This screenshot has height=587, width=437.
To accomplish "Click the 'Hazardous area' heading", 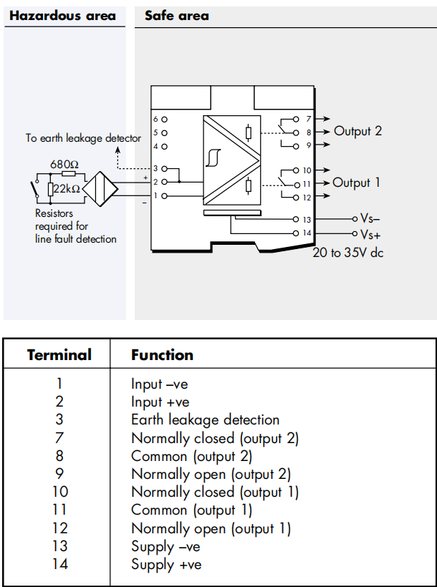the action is click(62, 16).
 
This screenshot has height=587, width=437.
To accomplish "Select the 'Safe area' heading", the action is click(176, 16).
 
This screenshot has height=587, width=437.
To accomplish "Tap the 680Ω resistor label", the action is click(64, 165).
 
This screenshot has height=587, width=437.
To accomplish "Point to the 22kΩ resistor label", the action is click(67, 189).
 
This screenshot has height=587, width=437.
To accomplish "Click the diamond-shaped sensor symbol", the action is click(100, 189).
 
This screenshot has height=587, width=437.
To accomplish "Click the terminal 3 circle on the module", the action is click(164, 169).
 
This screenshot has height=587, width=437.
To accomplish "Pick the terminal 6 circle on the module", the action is click(164, 120).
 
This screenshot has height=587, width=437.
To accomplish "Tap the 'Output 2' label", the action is click(357, 131).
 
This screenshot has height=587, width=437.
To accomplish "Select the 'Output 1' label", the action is click(356, 183).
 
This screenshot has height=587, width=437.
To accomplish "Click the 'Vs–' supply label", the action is click(370, 218).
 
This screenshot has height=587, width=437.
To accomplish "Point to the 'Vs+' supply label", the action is click(370, 235).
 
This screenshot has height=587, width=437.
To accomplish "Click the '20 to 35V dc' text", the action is click(347, 253).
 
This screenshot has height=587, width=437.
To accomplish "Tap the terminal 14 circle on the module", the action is click(296, 233).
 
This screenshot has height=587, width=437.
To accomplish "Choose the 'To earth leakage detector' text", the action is click(83, 138).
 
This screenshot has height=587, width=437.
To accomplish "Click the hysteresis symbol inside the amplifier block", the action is click(213, 157).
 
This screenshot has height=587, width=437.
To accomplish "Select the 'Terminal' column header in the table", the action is click(59, 355).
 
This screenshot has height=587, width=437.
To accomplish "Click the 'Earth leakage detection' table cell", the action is click(206, 420).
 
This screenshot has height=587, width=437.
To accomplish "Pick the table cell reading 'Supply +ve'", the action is click(166, 565).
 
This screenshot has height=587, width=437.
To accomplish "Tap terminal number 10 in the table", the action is click(60, 492).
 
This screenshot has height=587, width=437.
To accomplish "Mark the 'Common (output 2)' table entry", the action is click(191, 456).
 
